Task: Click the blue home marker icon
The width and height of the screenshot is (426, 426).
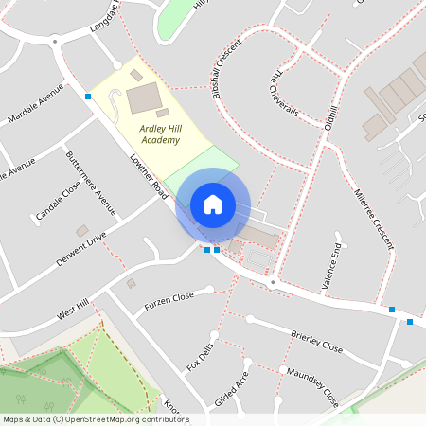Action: [213, 204]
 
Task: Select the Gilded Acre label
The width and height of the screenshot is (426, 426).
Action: [232, 388]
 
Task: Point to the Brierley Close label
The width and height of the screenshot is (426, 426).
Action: [316, 341]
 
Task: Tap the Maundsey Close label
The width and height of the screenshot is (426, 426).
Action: [311, 387]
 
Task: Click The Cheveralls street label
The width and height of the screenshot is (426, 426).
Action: [284, 94]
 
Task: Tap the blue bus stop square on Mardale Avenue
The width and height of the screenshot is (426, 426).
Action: [88, 97]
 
